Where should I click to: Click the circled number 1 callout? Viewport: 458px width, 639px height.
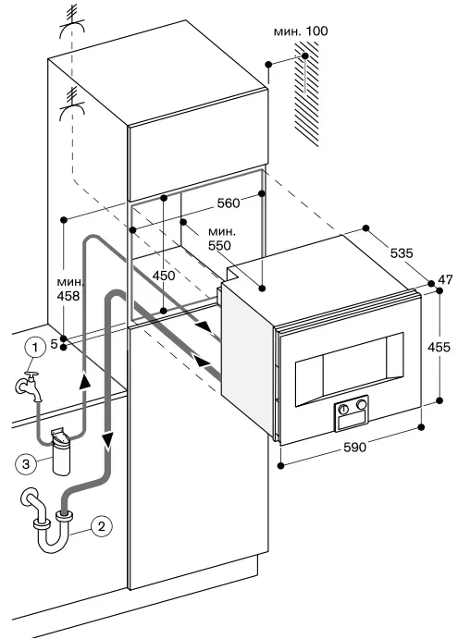34,348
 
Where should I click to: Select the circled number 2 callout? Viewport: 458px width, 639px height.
101,525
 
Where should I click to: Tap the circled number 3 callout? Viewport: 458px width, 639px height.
26,464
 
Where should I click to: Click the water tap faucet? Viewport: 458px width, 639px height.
29,386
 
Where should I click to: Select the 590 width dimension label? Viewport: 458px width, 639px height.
354,448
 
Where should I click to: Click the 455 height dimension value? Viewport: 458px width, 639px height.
439,347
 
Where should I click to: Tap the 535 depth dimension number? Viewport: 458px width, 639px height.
402,253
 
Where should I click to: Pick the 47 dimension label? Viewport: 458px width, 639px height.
445,279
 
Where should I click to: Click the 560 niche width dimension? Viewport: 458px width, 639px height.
229,203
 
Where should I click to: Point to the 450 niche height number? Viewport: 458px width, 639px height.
164,276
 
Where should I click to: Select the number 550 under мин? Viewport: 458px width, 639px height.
219,245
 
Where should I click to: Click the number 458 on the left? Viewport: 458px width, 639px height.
68,295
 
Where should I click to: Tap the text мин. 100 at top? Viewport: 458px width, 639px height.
301,31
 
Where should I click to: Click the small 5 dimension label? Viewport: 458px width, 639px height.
54,344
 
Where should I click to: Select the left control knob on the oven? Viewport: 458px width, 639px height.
343,409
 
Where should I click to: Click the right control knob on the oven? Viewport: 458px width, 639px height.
361,404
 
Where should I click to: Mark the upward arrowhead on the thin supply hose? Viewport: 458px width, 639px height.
84,381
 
